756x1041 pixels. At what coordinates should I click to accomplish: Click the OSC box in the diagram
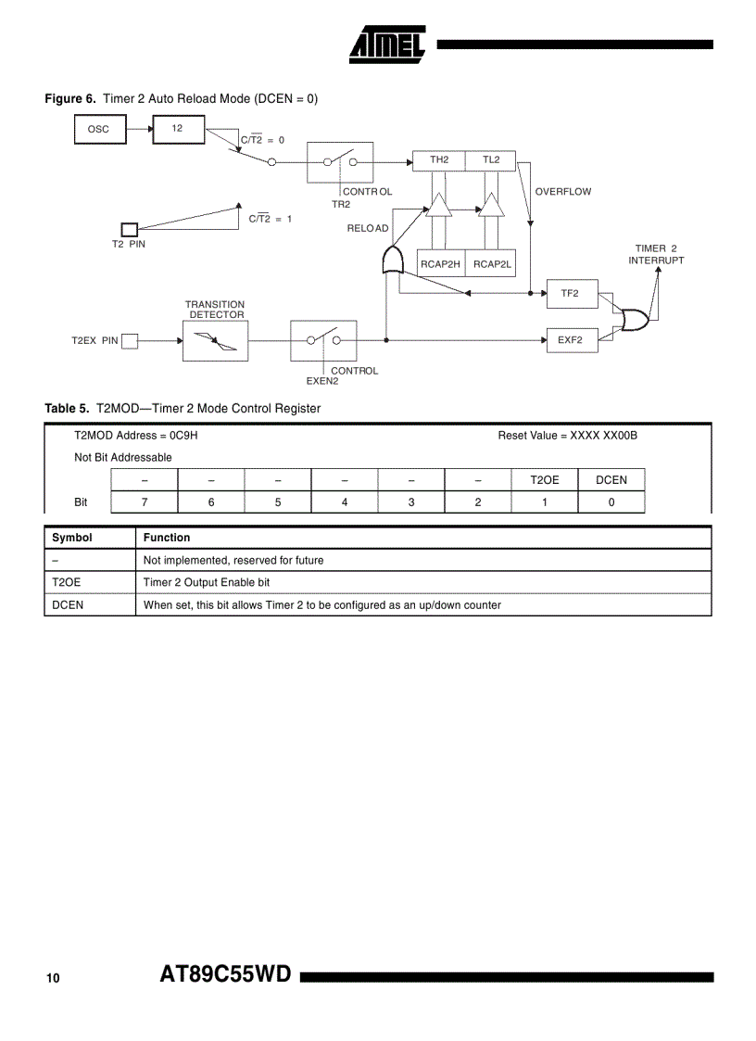point(98,129)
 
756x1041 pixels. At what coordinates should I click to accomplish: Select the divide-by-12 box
point(178,129)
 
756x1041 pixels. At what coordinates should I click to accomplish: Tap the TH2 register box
point(438,160)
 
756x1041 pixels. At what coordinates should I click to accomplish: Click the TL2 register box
point(490,160)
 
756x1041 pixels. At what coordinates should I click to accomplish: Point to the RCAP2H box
point(440,264)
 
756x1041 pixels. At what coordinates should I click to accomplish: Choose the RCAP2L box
point(492,264)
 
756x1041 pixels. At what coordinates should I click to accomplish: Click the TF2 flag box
point(570,294)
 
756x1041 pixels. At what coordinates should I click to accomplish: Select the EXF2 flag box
point(570,340)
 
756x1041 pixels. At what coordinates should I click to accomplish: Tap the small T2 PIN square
point(130,229)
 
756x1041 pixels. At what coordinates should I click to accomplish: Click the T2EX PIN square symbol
point(130,341)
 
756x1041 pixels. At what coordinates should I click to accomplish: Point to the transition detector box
point(215,340)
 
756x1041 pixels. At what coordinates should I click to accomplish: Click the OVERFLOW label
point(562,192)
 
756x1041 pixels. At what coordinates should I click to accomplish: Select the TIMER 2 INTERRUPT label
point(656,254)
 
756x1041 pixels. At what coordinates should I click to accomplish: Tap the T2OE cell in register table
point(545,480)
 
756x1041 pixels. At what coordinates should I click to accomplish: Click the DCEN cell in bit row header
point(611,480)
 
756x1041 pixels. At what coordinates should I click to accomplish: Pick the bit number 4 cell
point(345,502)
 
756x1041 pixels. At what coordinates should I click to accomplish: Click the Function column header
point(167,538)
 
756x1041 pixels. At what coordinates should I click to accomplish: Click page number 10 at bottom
point(53,978)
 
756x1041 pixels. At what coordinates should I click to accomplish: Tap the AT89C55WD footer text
point(226,975)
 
